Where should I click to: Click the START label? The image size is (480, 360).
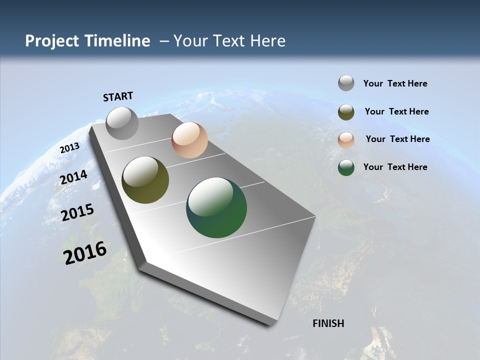[x=118, y=96]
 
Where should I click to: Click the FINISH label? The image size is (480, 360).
[x=328, y=323]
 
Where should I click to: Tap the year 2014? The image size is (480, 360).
[x=74, y=177]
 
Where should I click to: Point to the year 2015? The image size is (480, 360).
[x=77, y=212]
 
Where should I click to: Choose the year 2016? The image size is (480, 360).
[x=85, y=252]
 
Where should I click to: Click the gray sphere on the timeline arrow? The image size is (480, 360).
[x=122, y=123]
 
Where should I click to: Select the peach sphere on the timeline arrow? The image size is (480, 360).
[x=189, y=140]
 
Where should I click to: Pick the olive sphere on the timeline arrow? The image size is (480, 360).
[x=145, y=180]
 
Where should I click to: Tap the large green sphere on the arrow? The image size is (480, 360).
[x=216, y=207]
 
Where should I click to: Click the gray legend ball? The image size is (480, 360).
[x=346, y=83]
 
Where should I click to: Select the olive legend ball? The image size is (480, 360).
[x=346, y=111]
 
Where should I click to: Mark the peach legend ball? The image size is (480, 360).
[x=346, y=139]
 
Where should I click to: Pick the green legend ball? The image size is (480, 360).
[x=346, y=167]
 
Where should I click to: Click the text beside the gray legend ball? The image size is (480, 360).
[x=395, y=83]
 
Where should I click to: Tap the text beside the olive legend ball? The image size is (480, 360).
[x=396, y=111]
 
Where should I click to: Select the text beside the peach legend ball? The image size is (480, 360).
[x=397, y=139]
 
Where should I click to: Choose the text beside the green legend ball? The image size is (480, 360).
[x=395, y=167]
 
